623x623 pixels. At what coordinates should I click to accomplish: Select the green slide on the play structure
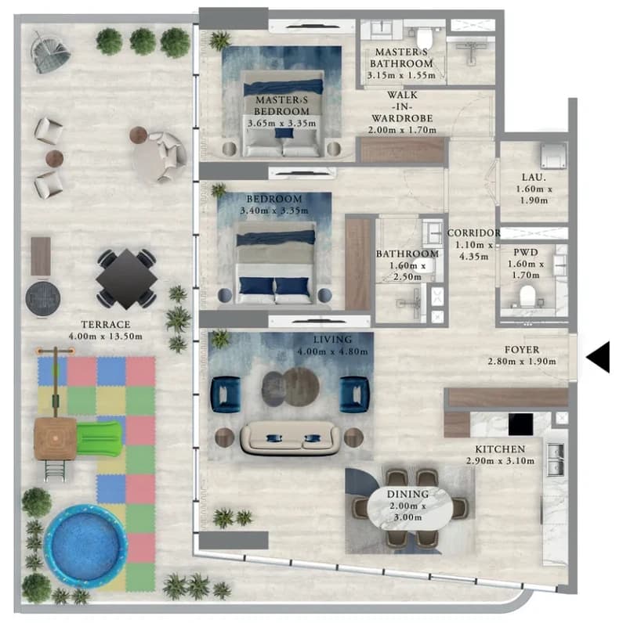99,438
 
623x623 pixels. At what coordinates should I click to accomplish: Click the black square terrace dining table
126,279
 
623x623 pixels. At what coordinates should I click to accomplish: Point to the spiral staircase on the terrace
50,52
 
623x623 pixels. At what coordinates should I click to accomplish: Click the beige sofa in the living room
291,438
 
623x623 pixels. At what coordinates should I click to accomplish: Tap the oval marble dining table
410,506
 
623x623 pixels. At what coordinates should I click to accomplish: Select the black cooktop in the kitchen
521,424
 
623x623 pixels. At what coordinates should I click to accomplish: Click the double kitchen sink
556,459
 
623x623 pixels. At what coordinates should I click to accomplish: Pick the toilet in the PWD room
527,296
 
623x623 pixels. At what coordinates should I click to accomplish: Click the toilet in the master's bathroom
425,37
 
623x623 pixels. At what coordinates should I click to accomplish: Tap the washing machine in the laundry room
553,156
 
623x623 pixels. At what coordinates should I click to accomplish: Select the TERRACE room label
106,324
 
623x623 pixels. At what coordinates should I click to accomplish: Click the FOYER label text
522,350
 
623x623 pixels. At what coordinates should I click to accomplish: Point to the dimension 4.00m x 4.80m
332,351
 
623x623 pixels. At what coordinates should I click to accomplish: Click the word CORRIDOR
473,232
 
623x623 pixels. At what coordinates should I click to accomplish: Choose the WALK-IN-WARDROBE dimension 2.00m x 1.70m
402,129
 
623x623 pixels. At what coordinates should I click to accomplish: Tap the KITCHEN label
500,449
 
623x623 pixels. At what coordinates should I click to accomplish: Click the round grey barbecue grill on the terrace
43,298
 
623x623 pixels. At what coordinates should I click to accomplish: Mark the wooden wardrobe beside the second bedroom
358,263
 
